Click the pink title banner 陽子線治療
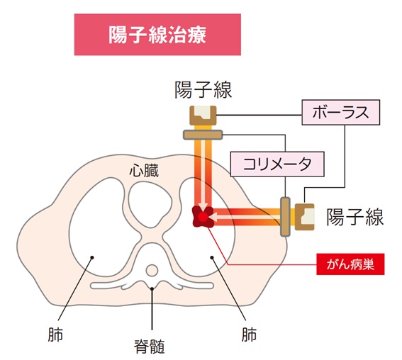pyautogui.click(x=157, y=35)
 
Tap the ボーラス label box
pyautogui.click(x=341, y=112)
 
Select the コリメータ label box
pyautogui.click(x=277, y=164)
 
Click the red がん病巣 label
pyautogui.click(x=350, y=264)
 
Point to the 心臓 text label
pyautogui.click(x=144, y=171)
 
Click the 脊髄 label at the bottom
pyautogui.click(x=149, y=347)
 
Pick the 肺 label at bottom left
pyautogui.click(x=55, y=334)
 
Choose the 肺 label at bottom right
pyautogui.click(x=249, y=334)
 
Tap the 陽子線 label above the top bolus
pyautogui.click(x=203, y=90)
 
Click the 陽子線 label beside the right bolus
pyautogui.click(x=354, y=217)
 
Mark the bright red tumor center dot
pyautogui.click(x=203, y=217)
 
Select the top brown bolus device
pyautogui.click(x=203, y=116)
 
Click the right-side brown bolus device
pyautogui.click(x=305, y=217)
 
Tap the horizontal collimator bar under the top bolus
pyautogui.click(x=203, y=135)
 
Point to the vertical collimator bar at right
pyautogui.click(x=285, y=217)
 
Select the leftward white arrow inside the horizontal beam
pyautogui.click(x=245, y=218)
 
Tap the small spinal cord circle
pyautogui.click(x=152, y=270)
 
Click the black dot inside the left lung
pyautogui.click(x=92, y=257)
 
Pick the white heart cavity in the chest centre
pyautogui.click(x=150, y=203)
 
